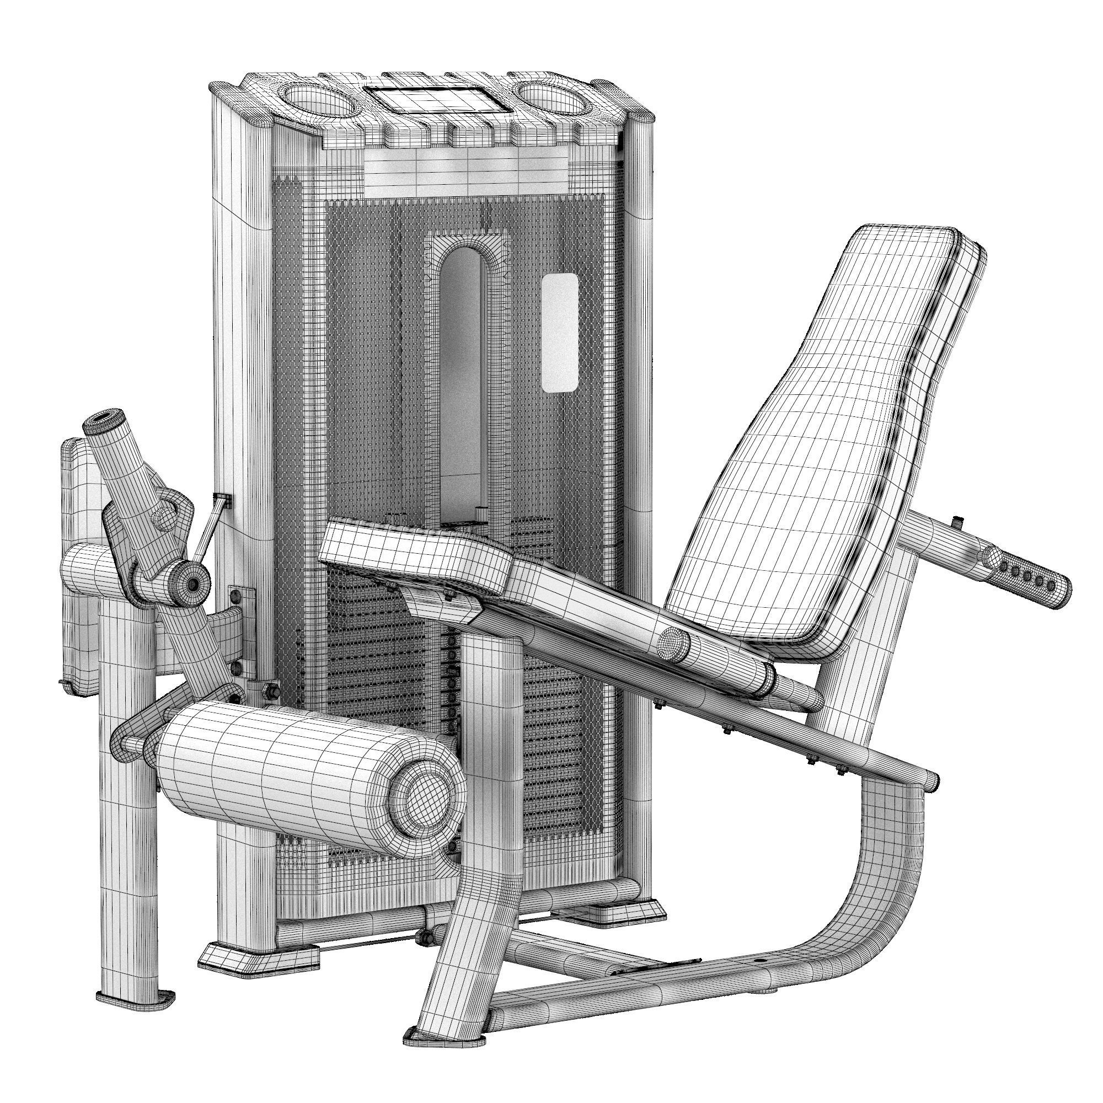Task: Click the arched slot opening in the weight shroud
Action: coord(463,371)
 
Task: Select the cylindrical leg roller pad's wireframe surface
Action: coord(274,777)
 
